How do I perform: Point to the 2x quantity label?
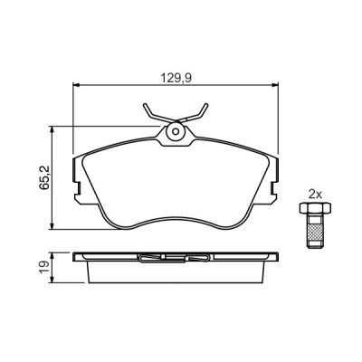point(315,194)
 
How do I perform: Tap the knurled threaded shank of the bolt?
point(315,234)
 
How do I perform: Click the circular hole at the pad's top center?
point(175,133)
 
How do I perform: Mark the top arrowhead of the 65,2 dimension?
point(57,129)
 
